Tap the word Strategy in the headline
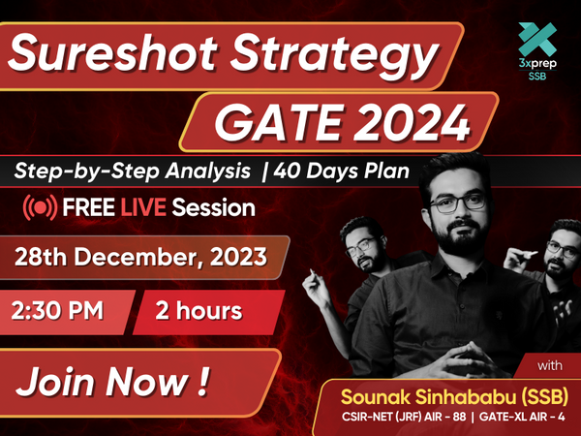(x=335, y=55)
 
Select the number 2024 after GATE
(x=412, y=123)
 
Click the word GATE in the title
(x=277, y=123)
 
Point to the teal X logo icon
(x=537, y=40)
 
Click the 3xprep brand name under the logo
(x=537, y=63)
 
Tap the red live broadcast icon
(x=40, y=207)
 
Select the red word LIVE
(x=143, y=207)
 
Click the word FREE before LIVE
(x=88, y=207)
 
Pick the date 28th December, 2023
(x=140, y=257)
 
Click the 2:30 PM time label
(x=57, y=310)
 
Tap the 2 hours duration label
(x=199, y=311)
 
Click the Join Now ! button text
(x=112, y=382)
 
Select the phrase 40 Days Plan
(x=341, y=171)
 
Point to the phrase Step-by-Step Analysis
(x=133, y=171)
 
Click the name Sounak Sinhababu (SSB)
(x=455, y=397)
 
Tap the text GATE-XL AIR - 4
(x=522, y=417)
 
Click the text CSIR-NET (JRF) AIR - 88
(x=404, y=417)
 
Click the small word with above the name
(x=550, y=366)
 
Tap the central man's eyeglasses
(x=458, y=203)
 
